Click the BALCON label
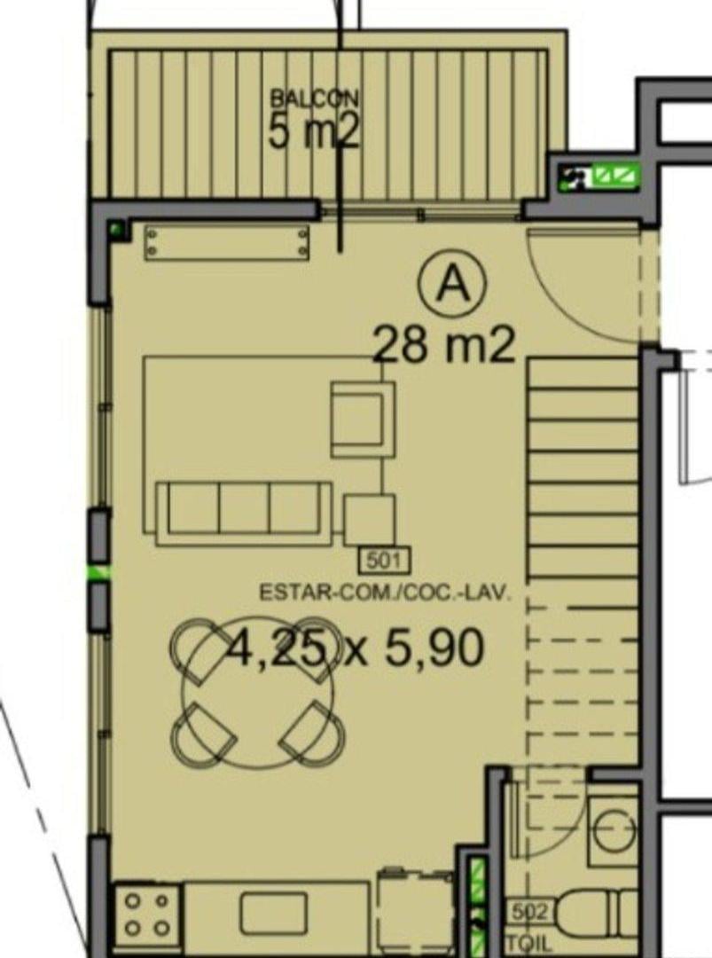tap(314, 98)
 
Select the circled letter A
tap(452, 284)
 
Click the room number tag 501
tap(385, 561)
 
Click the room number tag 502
tap(529, 914)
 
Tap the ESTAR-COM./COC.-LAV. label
tap(385, 593)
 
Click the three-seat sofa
tap(244, 514)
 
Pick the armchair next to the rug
tap(363, 420)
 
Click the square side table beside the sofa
tap(369, 520)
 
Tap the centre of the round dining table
tap(259, 695)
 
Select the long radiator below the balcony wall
tap(227, 242)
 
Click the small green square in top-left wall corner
tap(117, 231)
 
